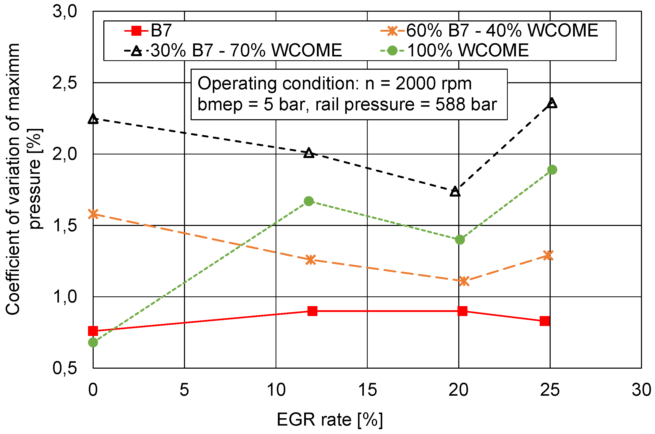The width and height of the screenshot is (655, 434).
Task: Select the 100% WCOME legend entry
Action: click(x=468, y=51)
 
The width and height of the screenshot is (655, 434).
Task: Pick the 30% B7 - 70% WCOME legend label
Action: click(x=246, y=51)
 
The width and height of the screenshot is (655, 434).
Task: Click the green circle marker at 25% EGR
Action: click(x=552, y=170)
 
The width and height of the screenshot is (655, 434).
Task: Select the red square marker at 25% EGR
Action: click(x=544, y=321)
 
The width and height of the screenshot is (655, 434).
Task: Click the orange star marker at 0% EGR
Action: click(x=93, y=214)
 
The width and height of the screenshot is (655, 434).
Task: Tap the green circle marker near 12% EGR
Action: click(x=309, y=201)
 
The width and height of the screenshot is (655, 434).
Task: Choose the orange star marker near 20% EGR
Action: click(x=464, y=281)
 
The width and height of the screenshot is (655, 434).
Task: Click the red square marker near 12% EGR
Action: click(x=312, y=311)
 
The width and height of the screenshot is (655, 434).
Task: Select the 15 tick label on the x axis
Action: click(x=367, y=390)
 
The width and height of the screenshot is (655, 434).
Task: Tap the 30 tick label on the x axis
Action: click(x=641, y=390)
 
